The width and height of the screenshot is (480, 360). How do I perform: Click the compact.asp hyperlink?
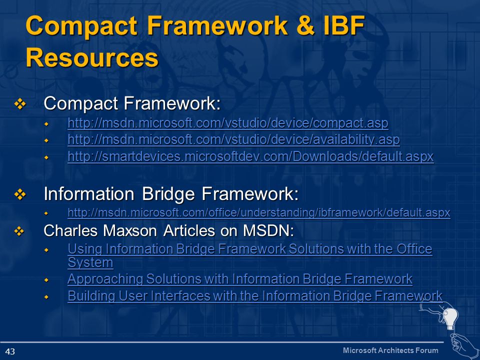228,123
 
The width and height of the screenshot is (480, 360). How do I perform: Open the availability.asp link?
233,140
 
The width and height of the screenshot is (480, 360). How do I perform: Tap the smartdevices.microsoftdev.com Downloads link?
250,156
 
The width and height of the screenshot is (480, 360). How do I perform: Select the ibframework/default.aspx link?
259,212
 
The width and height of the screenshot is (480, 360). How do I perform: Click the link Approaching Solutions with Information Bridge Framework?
240,279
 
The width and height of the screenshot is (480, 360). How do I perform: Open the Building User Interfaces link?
255,295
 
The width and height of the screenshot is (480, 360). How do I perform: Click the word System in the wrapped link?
90,262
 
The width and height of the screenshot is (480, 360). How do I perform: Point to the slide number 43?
10,351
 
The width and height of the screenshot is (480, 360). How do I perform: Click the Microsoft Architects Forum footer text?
390,350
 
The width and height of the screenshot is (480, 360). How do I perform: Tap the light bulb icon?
451,318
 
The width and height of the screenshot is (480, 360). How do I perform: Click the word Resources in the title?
92,57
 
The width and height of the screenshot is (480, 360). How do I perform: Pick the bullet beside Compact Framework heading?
20,104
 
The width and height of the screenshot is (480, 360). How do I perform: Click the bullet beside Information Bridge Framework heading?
20,194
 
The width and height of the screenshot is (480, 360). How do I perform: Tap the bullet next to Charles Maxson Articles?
19,231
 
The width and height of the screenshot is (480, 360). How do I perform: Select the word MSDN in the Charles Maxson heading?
268,230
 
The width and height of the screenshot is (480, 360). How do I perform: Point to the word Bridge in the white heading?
168,194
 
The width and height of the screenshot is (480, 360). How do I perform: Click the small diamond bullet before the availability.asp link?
46,140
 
